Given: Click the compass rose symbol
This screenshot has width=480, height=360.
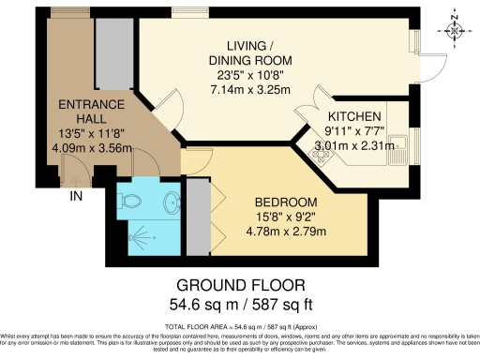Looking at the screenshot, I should click(x=455, y=29).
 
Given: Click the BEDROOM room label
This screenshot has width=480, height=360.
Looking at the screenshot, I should click(x=289, y=202).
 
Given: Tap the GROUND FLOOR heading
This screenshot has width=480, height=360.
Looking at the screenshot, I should click(x=241, y=285).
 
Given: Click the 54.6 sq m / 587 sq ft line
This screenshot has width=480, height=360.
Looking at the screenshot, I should click(x=241, y=305).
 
